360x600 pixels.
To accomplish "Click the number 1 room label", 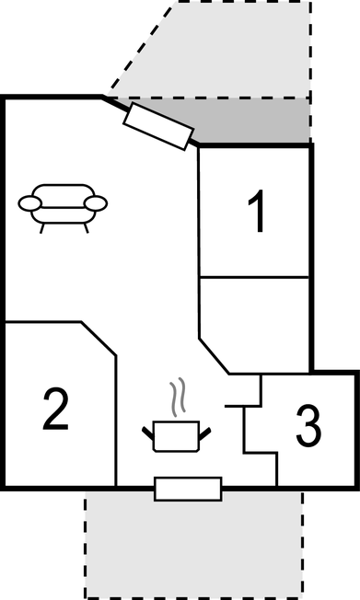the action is [x=258, y=213].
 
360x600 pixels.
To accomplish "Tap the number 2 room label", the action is [x=55, y=410].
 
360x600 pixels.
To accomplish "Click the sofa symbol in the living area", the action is [x=64, y=206].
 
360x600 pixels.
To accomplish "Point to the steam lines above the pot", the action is [x=180, y=397].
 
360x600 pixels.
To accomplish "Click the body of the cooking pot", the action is [x=175, y=434].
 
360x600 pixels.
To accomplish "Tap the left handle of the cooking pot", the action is [x=149, y=430].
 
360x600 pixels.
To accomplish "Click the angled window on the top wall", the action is [x=158, y=126].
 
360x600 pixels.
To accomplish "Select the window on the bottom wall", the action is [x=188, y=489].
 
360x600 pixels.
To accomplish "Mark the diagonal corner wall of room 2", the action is [x=99, y=338].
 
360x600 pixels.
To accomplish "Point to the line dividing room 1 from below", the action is [x=256, y=275].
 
